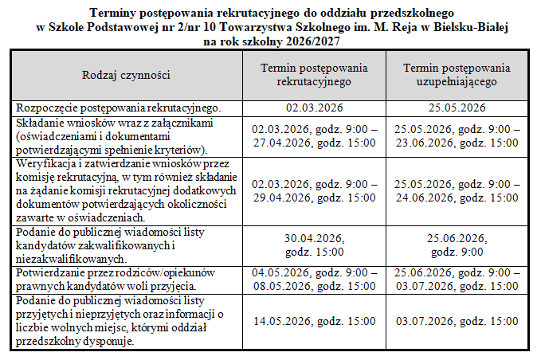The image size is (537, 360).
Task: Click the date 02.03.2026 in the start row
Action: [313, 108]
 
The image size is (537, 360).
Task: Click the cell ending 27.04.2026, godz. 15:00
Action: [313, 135]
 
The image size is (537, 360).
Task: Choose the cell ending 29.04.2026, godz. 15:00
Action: [313, 190]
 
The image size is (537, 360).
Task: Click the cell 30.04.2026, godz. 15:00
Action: [313, 245]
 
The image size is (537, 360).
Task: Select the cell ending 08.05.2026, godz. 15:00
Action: [313, 279]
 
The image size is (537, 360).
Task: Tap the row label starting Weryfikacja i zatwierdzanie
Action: [124, 190]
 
